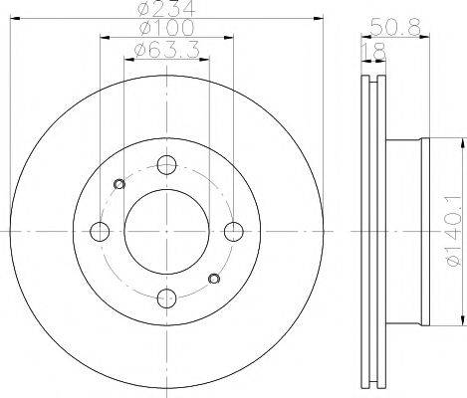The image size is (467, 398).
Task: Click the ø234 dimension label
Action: coord(165,8)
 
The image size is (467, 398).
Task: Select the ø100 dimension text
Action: coord(166,27)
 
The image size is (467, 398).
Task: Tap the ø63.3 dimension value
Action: coord(167,50)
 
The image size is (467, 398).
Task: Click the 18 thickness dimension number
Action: coord(374,51)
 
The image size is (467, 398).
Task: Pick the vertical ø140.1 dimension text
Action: coord(454,230)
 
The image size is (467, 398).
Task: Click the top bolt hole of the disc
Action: coord(166,165)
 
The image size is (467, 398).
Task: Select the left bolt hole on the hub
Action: coord(100,231)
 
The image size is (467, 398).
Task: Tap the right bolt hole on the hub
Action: coord(234,231)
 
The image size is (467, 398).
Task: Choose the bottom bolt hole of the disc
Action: coord(166,298)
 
